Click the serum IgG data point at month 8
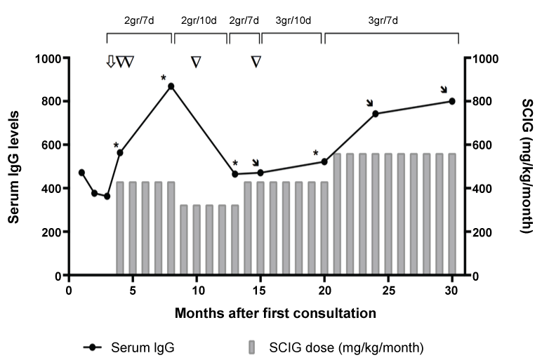coord(171,86)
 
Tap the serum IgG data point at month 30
coord(452,101)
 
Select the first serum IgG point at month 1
coord(81,173)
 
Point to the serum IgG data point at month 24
coord(376,114)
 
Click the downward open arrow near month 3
coord(110,62)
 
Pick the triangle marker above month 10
coord(196,62)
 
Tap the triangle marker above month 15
coord(256,62)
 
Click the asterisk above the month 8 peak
coord(163,76)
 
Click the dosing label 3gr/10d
coord(291,20)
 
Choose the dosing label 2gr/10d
coord(199,20)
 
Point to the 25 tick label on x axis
coord(388,290)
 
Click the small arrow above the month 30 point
coord(443,89)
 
